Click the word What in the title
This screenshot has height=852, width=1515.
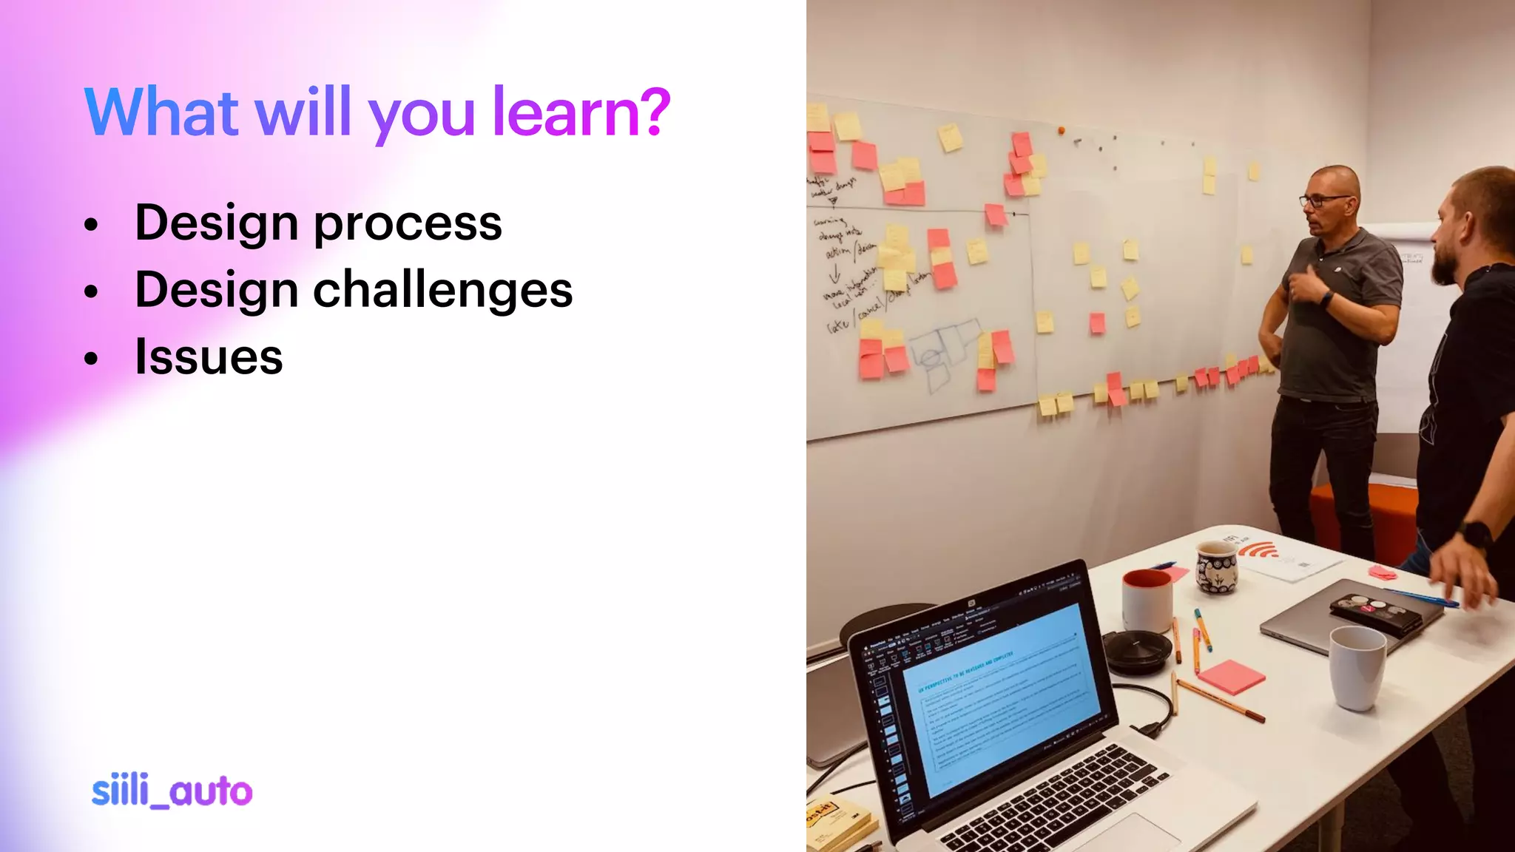162,112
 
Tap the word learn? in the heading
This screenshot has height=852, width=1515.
581,112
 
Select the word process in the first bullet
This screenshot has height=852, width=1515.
408,223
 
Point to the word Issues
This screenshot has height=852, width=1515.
209,357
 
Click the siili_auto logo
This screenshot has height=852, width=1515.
172,791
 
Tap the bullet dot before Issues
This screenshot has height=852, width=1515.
91,359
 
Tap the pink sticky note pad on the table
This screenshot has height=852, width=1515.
1231,676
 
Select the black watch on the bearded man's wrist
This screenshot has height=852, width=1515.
1476,534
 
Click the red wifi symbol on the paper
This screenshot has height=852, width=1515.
1258,551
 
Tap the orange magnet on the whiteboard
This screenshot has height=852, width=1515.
1062,131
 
